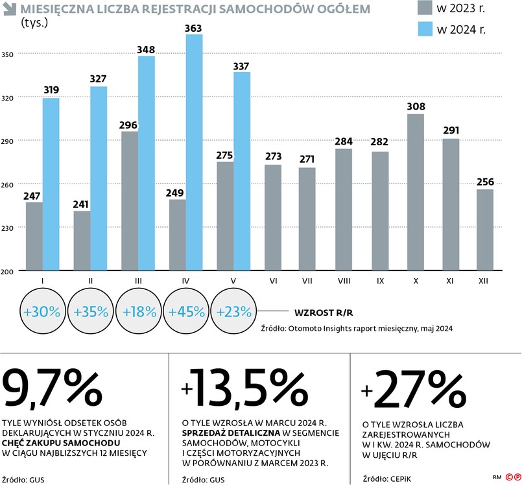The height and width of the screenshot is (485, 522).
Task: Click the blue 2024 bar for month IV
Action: (194, 152)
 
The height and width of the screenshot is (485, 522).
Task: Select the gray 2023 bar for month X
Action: (415, 192)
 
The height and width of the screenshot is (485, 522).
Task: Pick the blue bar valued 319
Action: (51, 184)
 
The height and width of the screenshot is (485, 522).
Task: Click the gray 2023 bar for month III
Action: (130, 200)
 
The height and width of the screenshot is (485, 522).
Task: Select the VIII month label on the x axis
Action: (344, 281)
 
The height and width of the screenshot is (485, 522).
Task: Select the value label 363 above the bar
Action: (194, 28)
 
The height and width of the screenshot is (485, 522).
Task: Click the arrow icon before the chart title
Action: (10, 10)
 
